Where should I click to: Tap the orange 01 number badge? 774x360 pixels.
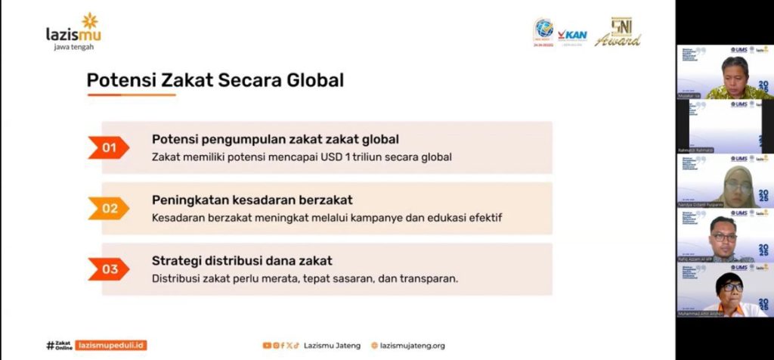tap(109, 147)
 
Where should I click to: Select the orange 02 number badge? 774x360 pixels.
tap(110, 208)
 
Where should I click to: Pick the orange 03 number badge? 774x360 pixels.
tap(110, 268)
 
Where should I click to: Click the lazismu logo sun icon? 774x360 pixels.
tap(90, 20)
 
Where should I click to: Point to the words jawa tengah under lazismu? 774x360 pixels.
tap(74, 47)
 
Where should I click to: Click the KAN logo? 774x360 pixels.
tap(572, 35)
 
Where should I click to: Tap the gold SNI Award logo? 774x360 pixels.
tap(618, 33)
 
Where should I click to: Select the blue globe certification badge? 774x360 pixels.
tap(543, 30)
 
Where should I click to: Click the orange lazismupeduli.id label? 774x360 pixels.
tap(111, 346)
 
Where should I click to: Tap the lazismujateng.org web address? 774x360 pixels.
tap(412, 346)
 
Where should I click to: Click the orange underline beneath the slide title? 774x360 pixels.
tap(120, 95)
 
